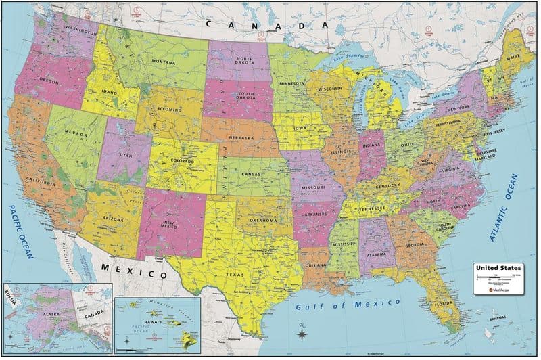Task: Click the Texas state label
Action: pos(236,275)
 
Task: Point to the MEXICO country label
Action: pos(134,273)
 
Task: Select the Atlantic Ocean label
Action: pos(502,208)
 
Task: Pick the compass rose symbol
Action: pos(301,332)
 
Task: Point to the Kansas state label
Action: pos(252,173)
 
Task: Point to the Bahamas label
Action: pos(499,317)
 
